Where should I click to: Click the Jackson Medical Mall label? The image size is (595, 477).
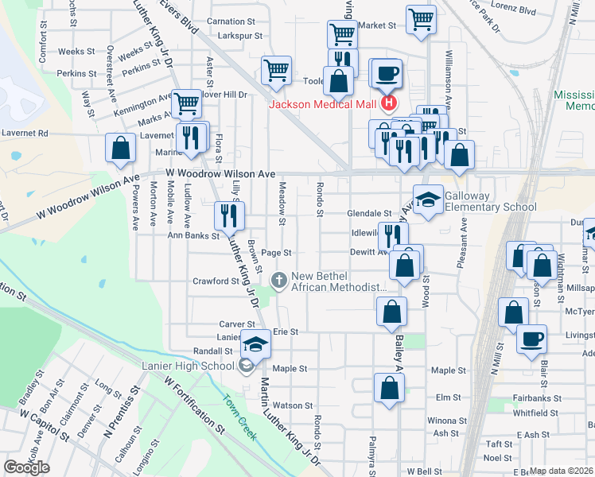pyautogui.click(x=324, y=103)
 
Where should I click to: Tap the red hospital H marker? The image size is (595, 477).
pyautogui.click(x=388, y=103)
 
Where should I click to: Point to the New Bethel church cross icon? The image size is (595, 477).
pyautogui.click(x=279, y=280)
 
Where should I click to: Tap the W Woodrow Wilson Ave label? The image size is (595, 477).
pyautogui.click(x=220, y=173)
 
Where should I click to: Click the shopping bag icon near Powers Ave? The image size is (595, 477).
pyautogui.click(x=119, y=148)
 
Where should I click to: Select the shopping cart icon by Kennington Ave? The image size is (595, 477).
pyautogui.click(x=186, y=102)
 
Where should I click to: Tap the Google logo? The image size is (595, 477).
pyautogui.click(x=26, y=467)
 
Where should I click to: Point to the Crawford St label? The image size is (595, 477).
pyautogui.click(x=216, y=281)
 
